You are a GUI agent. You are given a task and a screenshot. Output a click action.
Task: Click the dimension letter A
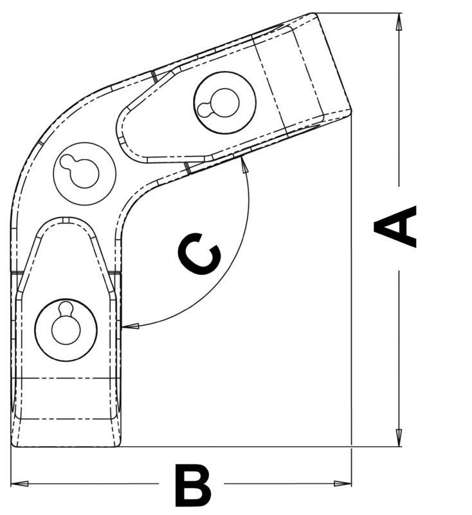pos(396,227)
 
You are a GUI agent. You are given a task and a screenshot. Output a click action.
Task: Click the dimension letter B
pos(192,485)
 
